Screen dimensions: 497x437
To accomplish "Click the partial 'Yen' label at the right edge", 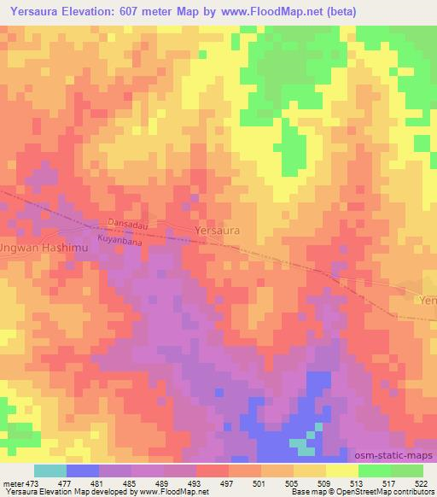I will point(428,301).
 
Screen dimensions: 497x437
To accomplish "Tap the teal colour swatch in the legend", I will point(50,471).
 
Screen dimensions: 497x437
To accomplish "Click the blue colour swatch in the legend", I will point(83,471).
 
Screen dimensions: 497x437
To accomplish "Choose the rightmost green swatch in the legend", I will point(406,471).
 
